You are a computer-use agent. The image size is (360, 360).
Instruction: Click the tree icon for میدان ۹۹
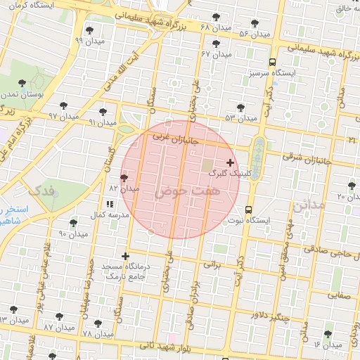(x=89, y=30)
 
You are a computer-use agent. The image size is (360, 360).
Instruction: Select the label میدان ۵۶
(x=254, y=34)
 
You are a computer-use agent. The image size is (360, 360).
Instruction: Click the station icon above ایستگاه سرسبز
(x=272, y=62)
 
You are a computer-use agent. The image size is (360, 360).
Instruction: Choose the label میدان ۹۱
(x=102, y=122)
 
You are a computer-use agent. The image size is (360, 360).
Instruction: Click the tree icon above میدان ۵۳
(x=240, y=108)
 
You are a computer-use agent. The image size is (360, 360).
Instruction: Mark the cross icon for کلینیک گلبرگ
(x=230, y=162)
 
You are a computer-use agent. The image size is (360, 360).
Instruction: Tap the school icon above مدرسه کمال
(x=109, y=204)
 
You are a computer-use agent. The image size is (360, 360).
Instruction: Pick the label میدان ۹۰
(x=72, y=233)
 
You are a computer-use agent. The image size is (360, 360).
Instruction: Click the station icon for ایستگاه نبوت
(x=249, y=210)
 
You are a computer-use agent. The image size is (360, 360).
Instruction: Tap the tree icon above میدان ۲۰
(x=352, y=186)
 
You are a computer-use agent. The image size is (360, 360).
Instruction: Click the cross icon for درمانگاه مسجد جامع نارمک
(x=126, y=257)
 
